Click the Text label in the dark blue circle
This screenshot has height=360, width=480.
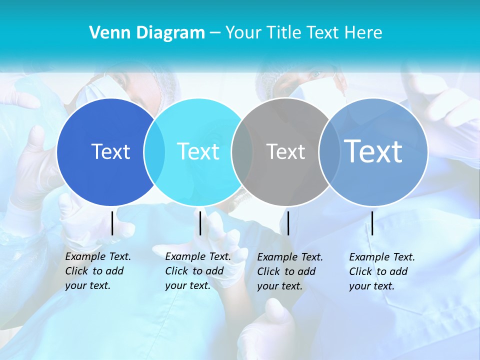[110, 151]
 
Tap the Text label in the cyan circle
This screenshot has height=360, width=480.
[198, 151]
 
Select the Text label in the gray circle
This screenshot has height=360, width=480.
[285, 151]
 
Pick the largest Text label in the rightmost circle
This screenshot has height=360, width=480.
[373, 151]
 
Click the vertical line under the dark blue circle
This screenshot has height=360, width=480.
[112, 223]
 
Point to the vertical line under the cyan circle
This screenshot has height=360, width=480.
[200, 223]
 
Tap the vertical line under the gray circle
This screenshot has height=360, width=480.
[288, 223]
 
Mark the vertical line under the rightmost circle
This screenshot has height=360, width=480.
[372, 223]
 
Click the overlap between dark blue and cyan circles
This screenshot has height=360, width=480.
[154, 152]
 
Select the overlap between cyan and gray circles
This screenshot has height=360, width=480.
[242, 152]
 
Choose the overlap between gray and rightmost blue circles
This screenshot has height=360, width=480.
[329, 152]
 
